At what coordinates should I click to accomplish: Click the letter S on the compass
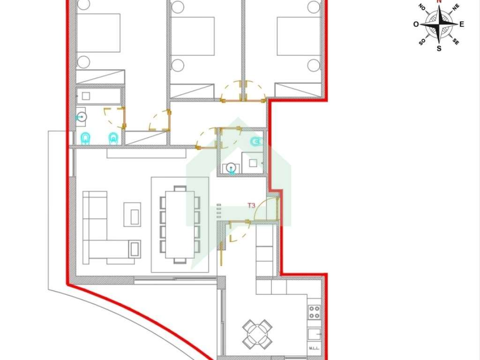pyautogui.click(x=439, y=48)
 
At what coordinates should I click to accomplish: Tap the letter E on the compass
pyautogui.click(x=462, y=24)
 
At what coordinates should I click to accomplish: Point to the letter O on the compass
pyautogui.click(x=416, y=24)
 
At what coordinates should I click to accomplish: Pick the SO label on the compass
pyautogui.click(x=422, y=42)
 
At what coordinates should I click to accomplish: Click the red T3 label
pyautogui.click(x=251, y=205)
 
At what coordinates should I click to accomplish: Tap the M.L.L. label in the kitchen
pyautogui.click(x=314, y=348)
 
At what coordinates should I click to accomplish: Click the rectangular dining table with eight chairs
pyautogui.click(x=180, y=225)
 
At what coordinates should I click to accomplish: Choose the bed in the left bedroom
pyautogui.click(x=100, y=34)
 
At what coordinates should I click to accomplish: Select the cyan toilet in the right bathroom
pyautogui.click(x=256, y=142)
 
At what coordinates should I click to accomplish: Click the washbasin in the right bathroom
pyautogui.click(x=230, y=168)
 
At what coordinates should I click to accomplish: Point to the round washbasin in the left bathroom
pyautogui.click(x=82, y=117)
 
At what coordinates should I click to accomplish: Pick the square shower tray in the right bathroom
pyautogui.click(x=253, y=163)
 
